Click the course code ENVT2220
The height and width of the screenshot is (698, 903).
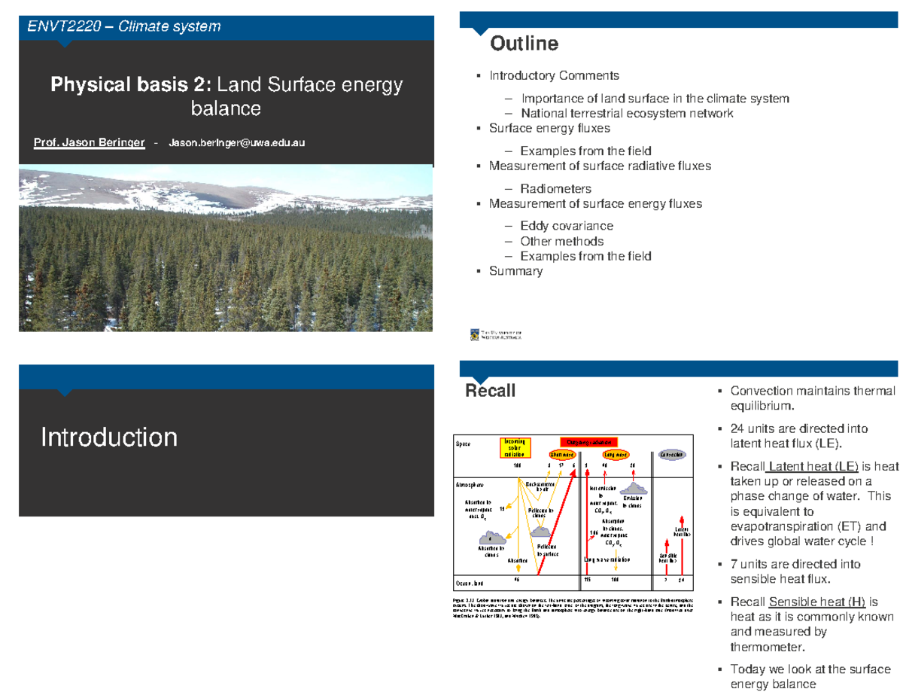[54, 27]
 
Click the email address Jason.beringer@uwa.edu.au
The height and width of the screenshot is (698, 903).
[237, 142]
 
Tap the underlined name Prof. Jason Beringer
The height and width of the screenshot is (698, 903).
[90, 142]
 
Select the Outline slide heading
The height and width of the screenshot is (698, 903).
[524, 44]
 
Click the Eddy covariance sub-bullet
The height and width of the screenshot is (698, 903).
[566, 226]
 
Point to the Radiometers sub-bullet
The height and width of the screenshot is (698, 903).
[555, 188]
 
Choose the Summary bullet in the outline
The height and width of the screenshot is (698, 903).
[515, 271]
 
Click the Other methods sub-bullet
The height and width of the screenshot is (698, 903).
[561, 241]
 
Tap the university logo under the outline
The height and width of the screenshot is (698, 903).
[496, 335]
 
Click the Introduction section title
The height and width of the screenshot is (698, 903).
[109, 437]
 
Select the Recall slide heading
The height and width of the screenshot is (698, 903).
[491, 391]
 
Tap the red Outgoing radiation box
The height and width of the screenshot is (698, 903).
[588, 442]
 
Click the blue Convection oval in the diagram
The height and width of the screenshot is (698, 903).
[671, 456]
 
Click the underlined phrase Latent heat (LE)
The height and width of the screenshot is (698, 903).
[814, 466]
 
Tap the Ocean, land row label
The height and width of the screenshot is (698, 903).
[468, 584]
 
